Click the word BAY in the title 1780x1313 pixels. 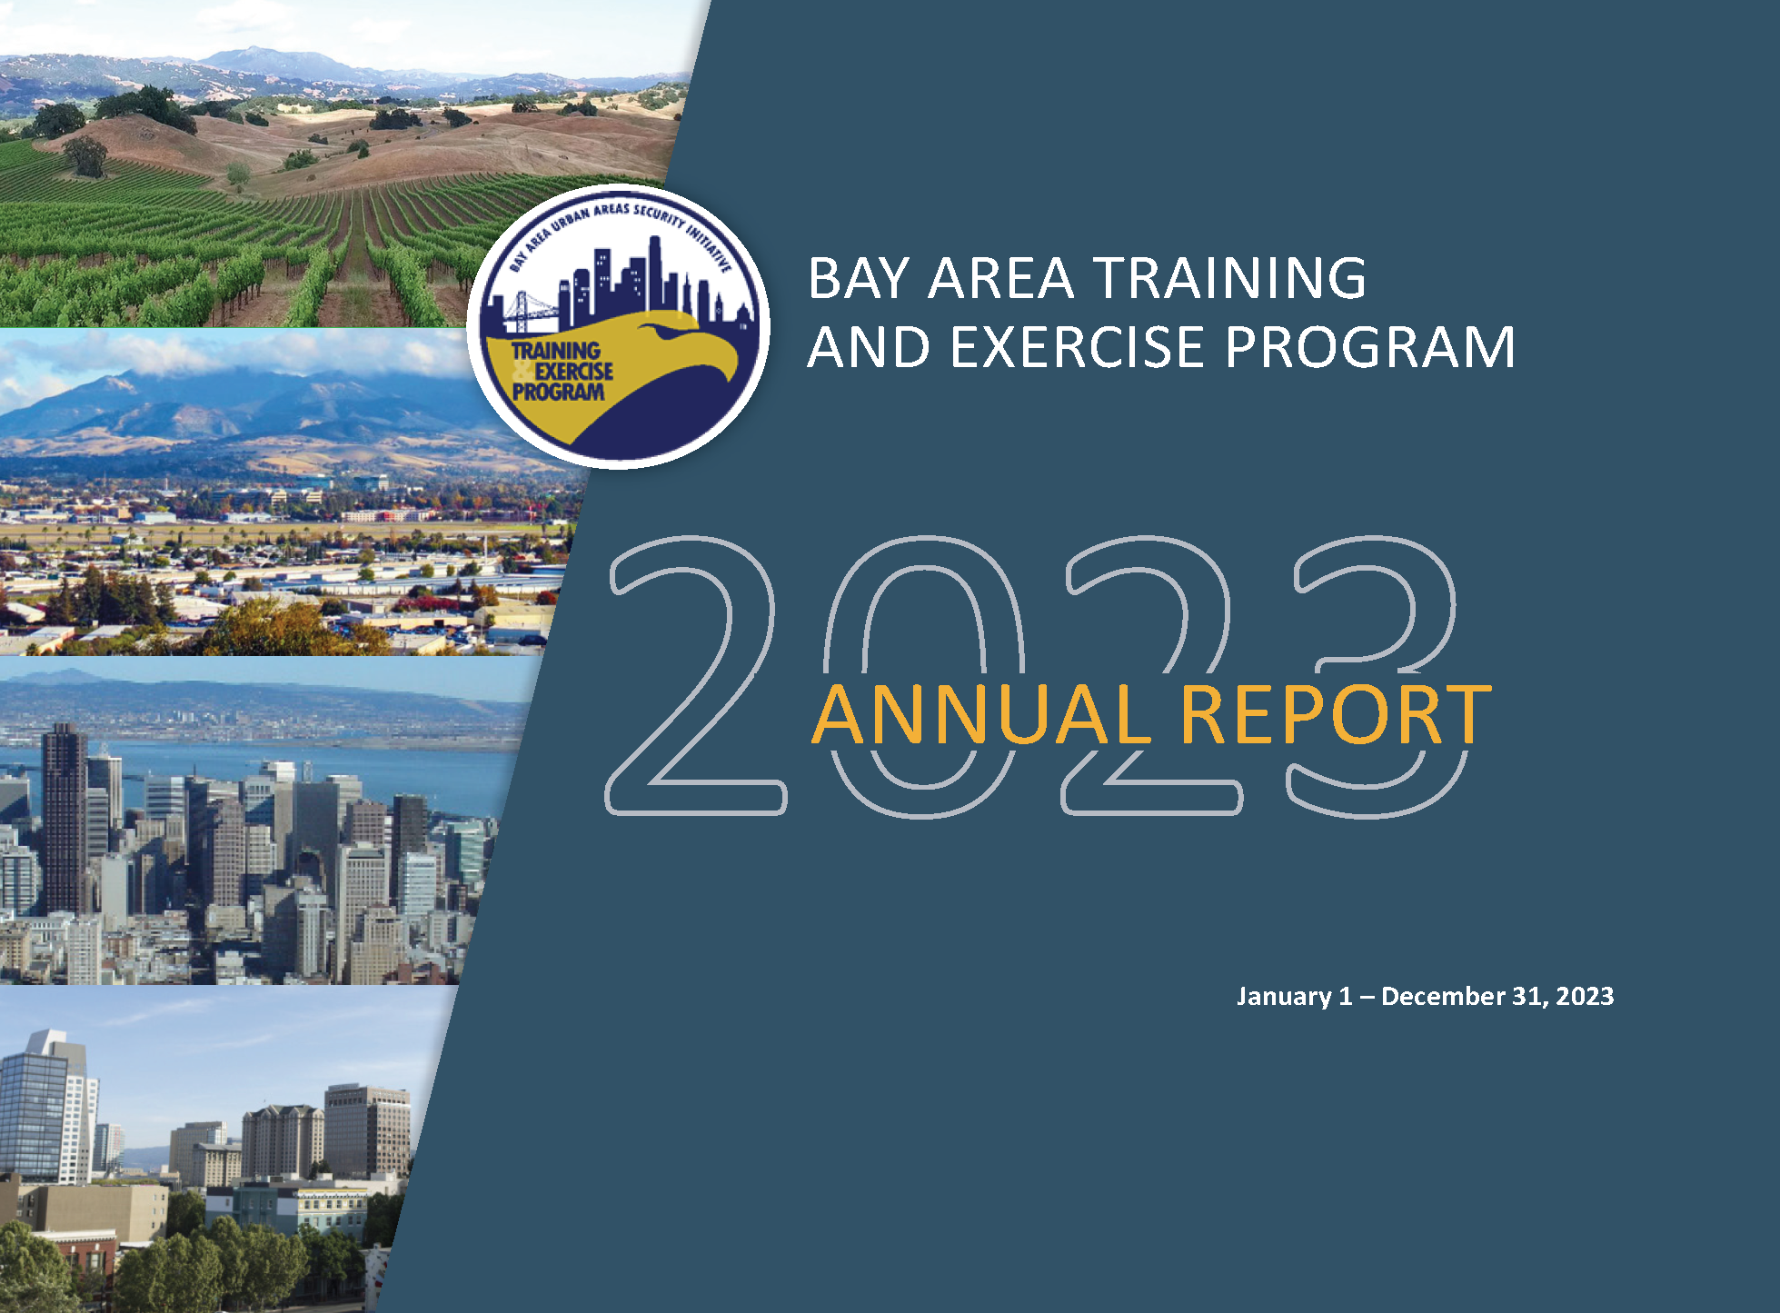coord(859,278)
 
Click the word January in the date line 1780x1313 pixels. coord(1283,997)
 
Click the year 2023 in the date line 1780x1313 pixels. coord(1585,996)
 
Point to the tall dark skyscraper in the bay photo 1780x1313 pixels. coord(65,818)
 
